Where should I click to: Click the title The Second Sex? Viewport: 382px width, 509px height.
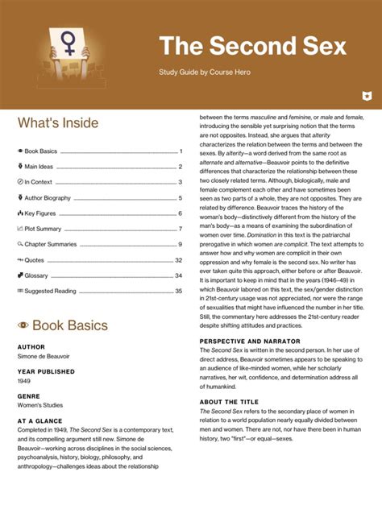pyautogui.click(x=252, y=46)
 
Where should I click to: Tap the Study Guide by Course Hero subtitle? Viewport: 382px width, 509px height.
pyautogui.click(x=206, y=73)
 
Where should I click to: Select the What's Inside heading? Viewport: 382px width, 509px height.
pyautogui.click(x=58, y=123)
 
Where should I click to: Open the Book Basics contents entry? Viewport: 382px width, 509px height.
pyautogui.click(x=40, y=151)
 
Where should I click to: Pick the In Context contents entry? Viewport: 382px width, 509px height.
pyautogui.click(x=38, y=182)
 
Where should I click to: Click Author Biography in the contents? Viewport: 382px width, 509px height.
pyautogui.click(x=48, y=198)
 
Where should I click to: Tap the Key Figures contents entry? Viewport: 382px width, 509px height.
pyautogui.click(x=41, y=213)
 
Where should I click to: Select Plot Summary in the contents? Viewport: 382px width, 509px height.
pyautogui.click(x=44, y=229)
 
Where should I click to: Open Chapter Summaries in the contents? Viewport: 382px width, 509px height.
pyautogui.click(x=52, y=244)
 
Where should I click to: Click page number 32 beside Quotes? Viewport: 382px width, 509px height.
pyautogui.click(x=179, y=260)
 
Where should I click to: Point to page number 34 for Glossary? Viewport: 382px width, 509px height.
pyautogui.click(x=179, y=275)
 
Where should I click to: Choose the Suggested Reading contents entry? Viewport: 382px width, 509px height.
pyautogui.click(x=50, y=291)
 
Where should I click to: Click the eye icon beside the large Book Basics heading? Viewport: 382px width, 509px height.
pyautogui.click(x=23, y=326)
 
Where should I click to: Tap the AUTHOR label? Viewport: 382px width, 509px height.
pyautogui.click(x=31, y=347)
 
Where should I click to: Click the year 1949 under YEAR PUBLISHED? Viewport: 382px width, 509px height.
pyautogui.click(x=25, y=381)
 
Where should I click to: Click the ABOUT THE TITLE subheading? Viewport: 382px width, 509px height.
pyautogui.click(x=230, y=402)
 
